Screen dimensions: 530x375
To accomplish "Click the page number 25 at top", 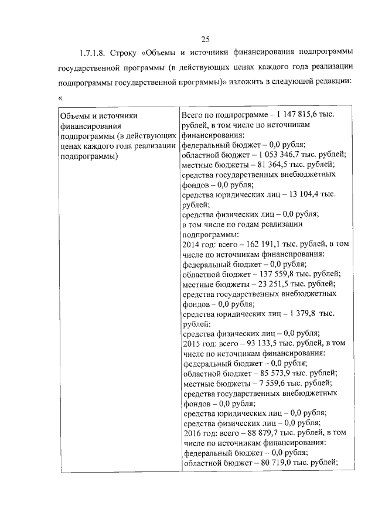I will pyautogui.click(x=206, y=39).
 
